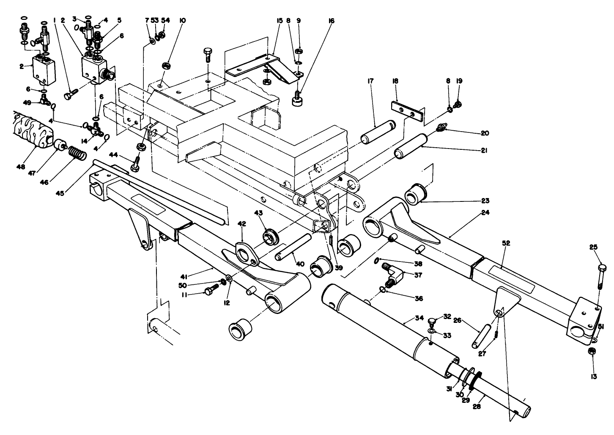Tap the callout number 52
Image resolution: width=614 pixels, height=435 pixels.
[x=506, y=243]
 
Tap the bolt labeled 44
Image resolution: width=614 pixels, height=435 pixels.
[x=136, y=165]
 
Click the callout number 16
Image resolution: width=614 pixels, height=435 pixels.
[x=331, y=20]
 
